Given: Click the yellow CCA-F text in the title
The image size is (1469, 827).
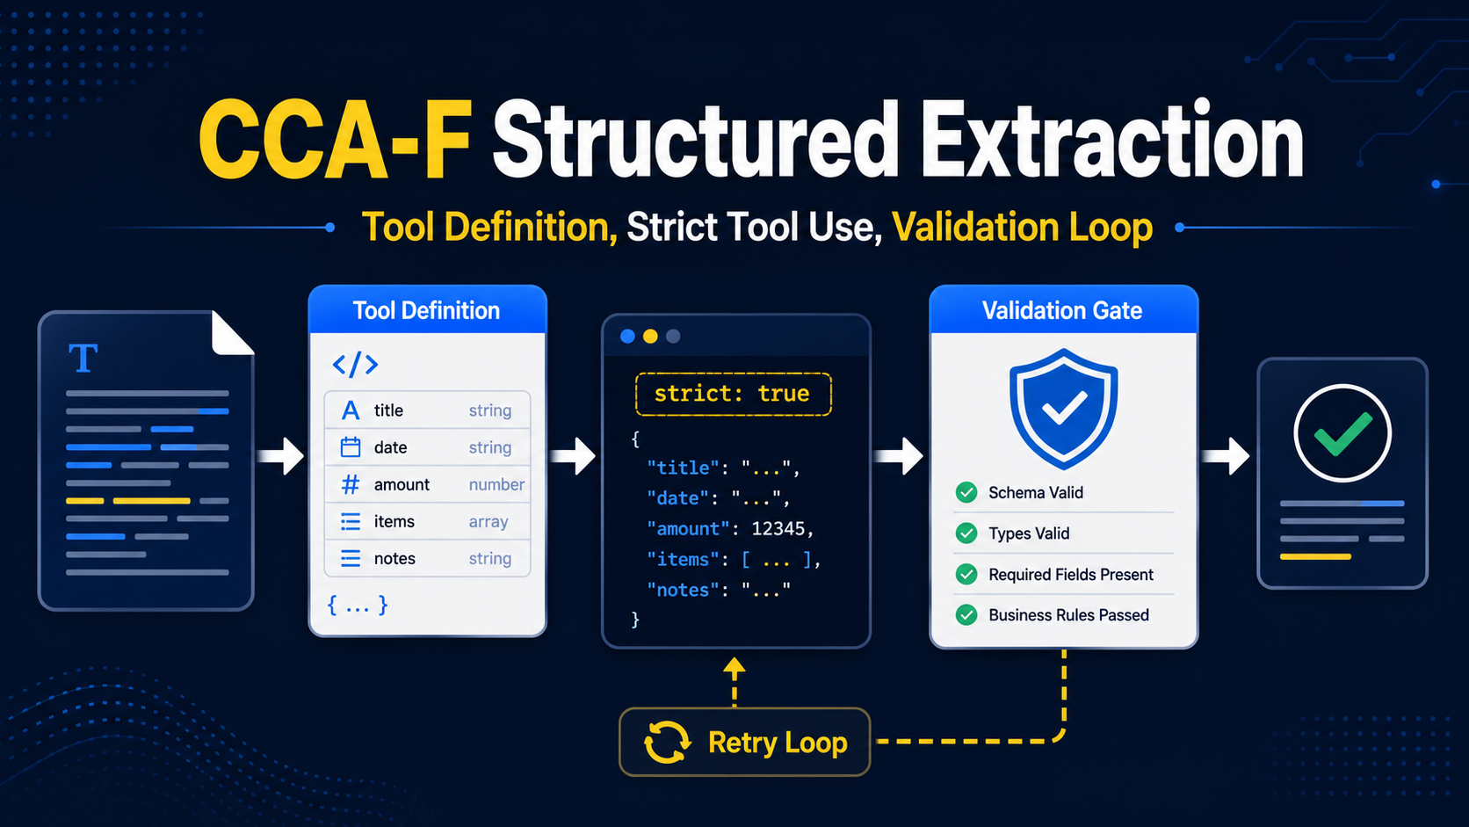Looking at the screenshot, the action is [x=335, y=141].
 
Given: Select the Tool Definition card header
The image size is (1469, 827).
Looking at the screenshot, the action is [x=427, y=310].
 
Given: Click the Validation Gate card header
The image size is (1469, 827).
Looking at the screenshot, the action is [x=1063, y=310].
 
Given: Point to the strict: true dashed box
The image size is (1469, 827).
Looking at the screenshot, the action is [x=734, y=394].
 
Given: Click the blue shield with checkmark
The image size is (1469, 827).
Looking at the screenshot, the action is [x=1063, y=410].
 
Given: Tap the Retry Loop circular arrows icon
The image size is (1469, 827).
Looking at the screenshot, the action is [x=667, y=743].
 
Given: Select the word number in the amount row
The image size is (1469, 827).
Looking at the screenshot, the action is [x=496, y=484].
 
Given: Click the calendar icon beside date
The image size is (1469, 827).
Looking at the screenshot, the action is [x=351, y=447].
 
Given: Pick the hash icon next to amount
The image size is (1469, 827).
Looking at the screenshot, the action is [x=351, y=484].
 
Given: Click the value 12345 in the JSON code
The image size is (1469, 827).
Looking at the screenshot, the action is [x=778, y=528].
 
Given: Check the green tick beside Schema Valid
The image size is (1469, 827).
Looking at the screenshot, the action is [x=966, y=492].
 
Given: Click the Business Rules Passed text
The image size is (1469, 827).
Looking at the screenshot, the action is [x=1068, y=615].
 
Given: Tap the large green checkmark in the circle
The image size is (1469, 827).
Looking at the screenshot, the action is [x=1342, y=434].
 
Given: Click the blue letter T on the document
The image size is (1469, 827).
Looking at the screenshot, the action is [x=83, y=358].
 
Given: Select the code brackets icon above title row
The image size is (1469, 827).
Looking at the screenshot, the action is [x=356, y=365].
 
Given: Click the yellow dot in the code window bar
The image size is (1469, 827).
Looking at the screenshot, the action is [x=650, y=337].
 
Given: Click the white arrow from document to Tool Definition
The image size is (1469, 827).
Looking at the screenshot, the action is [x=280, y=456].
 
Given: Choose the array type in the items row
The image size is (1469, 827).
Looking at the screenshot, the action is [x=488, y=521].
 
